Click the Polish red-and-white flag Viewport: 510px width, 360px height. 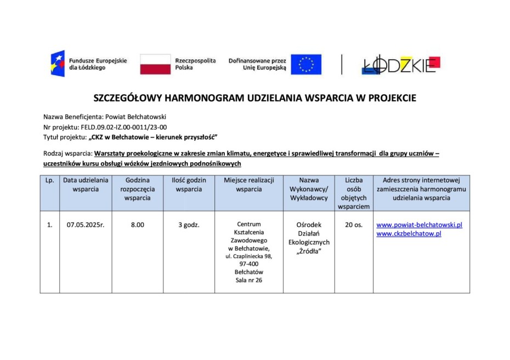click(x=155, y=64)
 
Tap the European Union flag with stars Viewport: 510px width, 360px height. click(x=306, y=64)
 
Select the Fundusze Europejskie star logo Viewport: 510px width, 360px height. click(x=58, y=64)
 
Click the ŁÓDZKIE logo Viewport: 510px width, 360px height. click(x=401, y=65)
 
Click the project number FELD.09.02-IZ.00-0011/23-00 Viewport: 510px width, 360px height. click(x=124, y=127)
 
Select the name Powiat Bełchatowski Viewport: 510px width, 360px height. click(x=139, y=117)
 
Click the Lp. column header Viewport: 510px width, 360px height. click(x=49, y=180)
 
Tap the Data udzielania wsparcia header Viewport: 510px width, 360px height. click(x=86, y=185)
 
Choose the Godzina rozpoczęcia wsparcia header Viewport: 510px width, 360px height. click(x=137, y=189)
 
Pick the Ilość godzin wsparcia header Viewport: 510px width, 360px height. click(x=189, y=185)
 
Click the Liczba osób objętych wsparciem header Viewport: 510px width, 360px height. click(x=354, y=193)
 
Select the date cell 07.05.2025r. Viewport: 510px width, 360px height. click(x=86, y=225)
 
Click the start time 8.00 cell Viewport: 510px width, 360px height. click(x=137, y=225)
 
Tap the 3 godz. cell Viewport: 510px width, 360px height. click(x=189, y=225)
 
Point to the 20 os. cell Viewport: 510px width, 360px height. click(x=354, y=225)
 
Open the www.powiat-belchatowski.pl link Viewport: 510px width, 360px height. click(x=420, y=225)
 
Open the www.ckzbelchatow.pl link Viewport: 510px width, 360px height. click(x=409, y=234)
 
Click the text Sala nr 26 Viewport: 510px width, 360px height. click(x=248, y=281)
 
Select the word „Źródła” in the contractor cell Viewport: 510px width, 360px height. click(x=308, y=252)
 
